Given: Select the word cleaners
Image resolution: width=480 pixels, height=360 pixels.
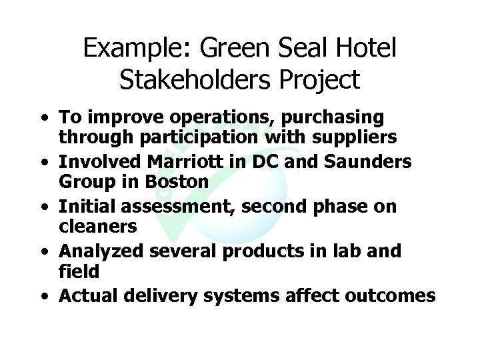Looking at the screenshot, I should click(x=97, y=225).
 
